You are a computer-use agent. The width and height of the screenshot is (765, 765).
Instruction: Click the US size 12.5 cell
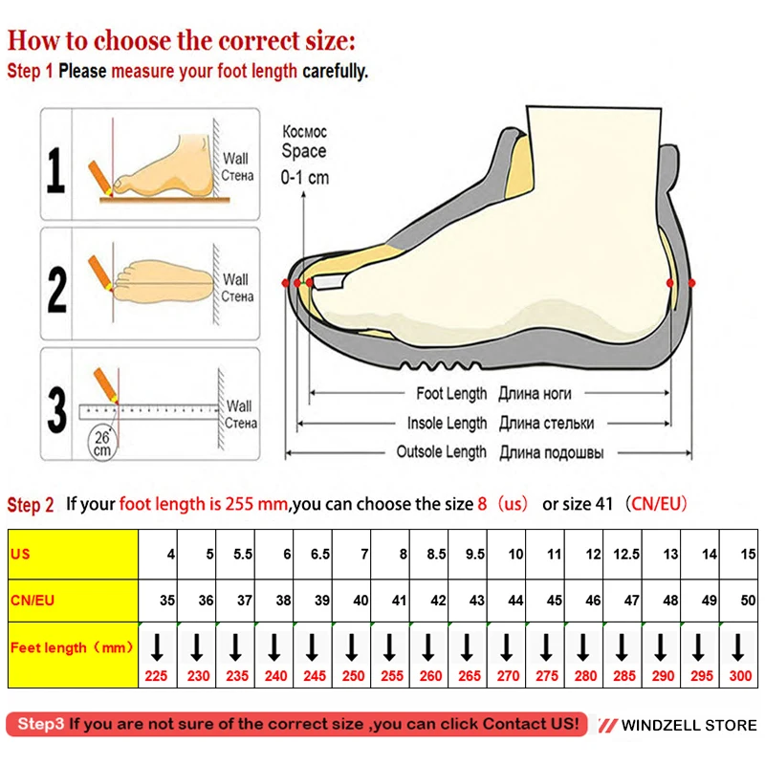pyautogui.click(x=624, y=554)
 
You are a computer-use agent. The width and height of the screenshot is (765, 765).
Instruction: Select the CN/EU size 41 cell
pyautogui.click(x=390, y=601)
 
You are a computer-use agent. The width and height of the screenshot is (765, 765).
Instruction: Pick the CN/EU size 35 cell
pyautogui.click(x=159, y=601)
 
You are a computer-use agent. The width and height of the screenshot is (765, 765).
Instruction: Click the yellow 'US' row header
pyautogui.click(x=73, y=554)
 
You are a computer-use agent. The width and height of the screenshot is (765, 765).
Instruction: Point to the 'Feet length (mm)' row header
pyautogui.click(x=73, y=647)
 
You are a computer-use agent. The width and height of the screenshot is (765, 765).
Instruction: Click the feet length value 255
pyautogui.click(x=390, y=675)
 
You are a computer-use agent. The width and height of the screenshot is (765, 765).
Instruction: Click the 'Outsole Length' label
pyautogui.click(x=442, y=452)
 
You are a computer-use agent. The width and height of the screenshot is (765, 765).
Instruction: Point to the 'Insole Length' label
pyautogui.click(x=447, y=423)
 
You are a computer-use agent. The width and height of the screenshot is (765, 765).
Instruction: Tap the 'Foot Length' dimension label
pyautogui.click(x=451, y=393)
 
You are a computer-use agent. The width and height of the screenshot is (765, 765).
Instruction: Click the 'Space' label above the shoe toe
pyautogui.click(x=303, y=151)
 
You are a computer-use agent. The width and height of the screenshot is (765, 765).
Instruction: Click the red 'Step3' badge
pyautogui.click(x=41, y=724)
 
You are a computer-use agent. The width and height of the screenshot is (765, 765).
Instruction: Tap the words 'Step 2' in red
pyautogui.click(x=31, y=505)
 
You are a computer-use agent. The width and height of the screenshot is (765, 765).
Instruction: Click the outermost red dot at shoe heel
pyautogui.click(x=692, y=283)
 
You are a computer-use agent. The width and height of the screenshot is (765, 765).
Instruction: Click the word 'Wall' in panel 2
pyautogui.click(x=235, y=280)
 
